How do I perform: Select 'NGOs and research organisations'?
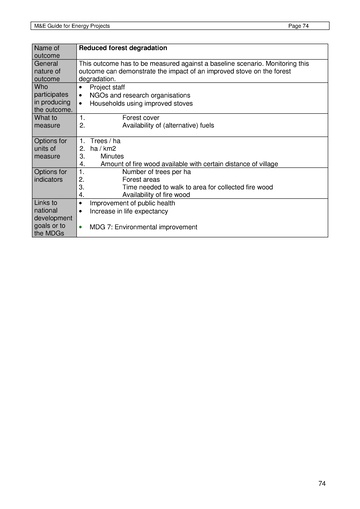pos(142,95)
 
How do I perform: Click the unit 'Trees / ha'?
pos(107,141)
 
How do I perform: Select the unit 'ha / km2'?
pos(105,149)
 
